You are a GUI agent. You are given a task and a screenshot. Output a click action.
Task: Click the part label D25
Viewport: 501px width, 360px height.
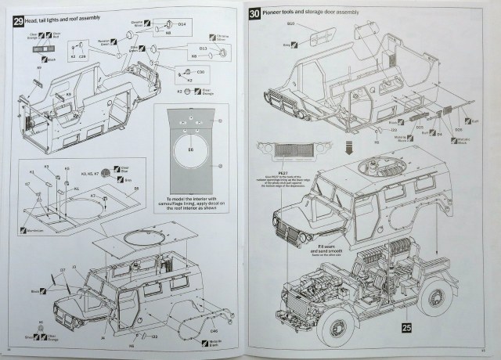pos(419,128)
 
